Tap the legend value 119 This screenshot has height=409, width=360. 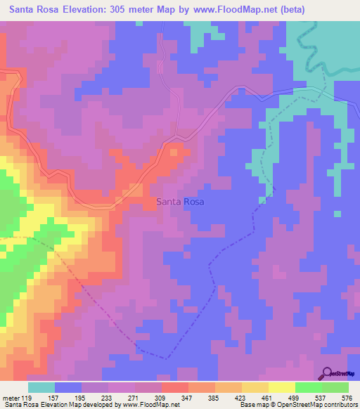(x=27, y=398)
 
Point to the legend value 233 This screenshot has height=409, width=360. (x=108, y=398)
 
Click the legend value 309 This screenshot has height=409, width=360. (x=161, y=398)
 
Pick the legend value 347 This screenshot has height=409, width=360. (x=188, y=398)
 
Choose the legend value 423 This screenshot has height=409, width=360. (x=241, y=398)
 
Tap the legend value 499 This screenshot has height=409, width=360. (x=295, y=398)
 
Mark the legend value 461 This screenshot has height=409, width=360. (x=268, y=398)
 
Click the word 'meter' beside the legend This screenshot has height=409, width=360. (x=11, y=398)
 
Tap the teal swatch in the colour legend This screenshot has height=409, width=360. (x=41, y=387)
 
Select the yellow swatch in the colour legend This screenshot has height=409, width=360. (x=281, y=387)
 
